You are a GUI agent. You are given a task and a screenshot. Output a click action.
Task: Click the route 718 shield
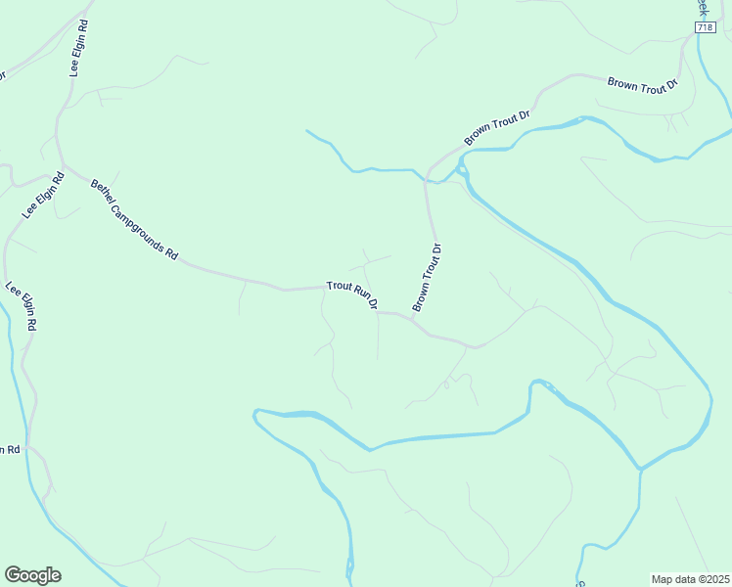[x=706, y=28]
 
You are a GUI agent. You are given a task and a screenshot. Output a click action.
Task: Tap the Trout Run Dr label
[x=352, y=294]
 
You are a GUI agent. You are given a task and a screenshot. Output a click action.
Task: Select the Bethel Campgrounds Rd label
[x=135, y=219]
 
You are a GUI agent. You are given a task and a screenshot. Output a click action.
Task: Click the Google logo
[x=32, y=575]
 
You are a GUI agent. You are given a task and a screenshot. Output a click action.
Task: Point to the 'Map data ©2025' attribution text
[x=690, y=578]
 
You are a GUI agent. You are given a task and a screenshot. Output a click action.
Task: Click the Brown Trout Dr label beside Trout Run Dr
[x=428, y=278]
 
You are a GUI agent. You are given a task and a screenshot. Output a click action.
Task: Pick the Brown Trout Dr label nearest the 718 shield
[x=643, y=84]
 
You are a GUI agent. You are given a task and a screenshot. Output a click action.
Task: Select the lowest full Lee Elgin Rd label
[x=21, y=307]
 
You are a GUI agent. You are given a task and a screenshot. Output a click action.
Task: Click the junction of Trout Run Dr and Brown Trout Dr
[x=412, y=317]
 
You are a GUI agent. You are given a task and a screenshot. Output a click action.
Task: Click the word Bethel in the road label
[x=102, y=189]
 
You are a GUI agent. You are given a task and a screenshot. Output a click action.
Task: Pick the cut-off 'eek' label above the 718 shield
[x=701, y=6]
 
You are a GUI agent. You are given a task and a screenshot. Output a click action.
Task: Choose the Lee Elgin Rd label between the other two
[x=43, y=196]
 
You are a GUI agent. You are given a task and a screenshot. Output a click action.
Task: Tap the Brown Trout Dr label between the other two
[x=496, y=128]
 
